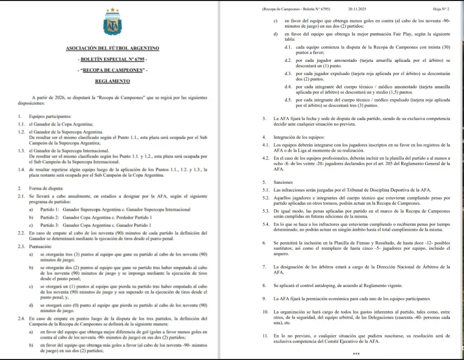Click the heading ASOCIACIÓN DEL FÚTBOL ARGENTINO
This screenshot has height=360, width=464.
click(x=112, y=48)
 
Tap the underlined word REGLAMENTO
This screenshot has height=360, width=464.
click(x=112, y=81)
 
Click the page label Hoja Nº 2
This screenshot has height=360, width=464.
click(x=440, y=9)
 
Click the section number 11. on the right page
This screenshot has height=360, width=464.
click(x=265, y=336)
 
